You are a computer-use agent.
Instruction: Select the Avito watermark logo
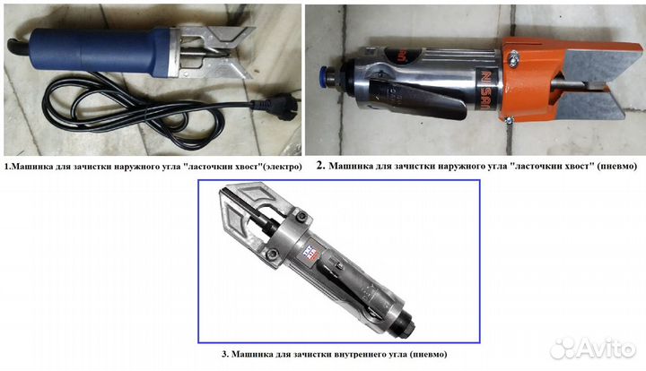(593, 349)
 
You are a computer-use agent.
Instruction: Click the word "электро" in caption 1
(282, 167)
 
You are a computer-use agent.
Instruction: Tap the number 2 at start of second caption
(320, 166)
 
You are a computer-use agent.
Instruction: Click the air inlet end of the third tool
(406, 325)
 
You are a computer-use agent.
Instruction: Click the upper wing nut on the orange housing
(513, 57)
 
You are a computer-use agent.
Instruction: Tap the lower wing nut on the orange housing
(508, 120)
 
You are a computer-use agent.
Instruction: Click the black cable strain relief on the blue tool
(18, 46)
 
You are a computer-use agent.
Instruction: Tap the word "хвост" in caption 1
(248, 167)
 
